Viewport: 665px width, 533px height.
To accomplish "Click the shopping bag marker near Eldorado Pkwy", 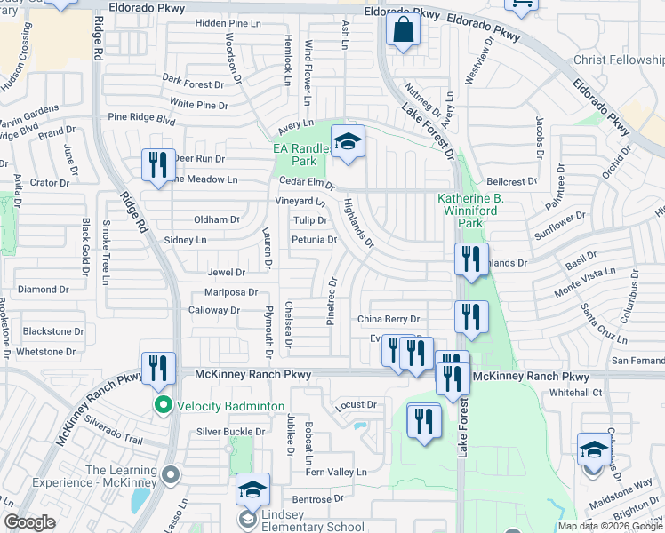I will click(403, 30).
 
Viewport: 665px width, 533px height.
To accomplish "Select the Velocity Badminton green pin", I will click(163, 406).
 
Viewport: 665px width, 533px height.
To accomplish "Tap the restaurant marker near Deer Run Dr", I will click(158, 165).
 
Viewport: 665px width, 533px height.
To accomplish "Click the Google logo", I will click(29, 522).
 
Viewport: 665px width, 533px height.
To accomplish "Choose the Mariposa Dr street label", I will click(230, 291).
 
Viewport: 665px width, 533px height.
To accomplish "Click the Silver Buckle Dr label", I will click(231, 432).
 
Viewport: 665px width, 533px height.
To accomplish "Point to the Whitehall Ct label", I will click(576, 392).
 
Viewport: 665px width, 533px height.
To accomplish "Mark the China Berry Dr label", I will click(389, 319).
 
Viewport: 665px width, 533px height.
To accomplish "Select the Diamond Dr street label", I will click(43, 290).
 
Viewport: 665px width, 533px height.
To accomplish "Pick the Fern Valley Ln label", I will click(338, 472).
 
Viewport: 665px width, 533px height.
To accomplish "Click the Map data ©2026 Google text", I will click(609, 525).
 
